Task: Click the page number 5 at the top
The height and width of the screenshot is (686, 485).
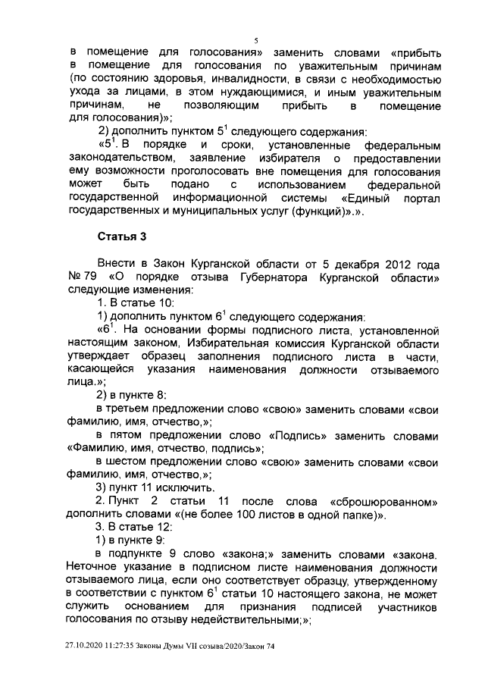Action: pos(257,39)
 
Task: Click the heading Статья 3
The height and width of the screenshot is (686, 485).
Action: pos(121,237)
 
